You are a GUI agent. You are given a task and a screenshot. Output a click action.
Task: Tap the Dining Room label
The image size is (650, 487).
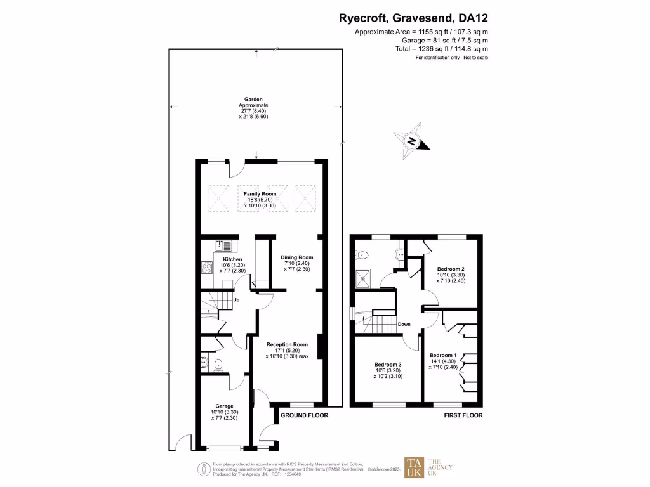297,257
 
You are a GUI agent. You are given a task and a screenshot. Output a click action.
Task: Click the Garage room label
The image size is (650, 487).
224,406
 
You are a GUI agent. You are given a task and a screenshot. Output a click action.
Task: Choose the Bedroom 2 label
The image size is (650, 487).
450,269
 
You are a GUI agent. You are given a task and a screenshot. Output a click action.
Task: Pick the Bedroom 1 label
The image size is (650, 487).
442,355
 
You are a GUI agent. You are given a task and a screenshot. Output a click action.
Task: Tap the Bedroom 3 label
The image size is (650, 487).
387,365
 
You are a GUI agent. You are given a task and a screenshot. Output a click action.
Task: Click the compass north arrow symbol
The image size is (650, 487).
411,141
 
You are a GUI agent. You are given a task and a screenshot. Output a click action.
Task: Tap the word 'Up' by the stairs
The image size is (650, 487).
236,300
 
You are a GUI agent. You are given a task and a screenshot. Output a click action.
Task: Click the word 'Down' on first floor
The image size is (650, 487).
404,324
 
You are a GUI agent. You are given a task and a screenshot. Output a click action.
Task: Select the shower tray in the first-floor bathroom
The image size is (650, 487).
364,276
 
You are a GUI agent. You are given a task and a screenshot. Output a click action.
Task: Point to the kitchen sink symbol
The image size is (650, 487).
225,244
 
